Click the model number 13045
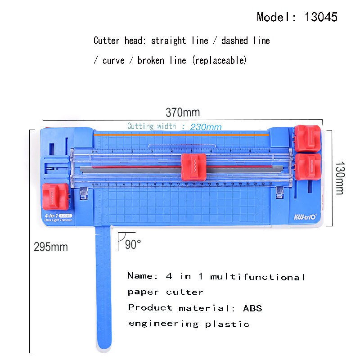[321, 17]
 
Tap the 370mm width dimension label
[183, 112]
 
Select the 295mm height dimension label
[51, 247]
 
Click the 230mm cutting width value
[206, 127]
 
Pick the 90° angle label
[133, 244]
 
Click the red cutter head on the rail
[194, 167]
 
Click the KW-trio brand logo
[306, 216]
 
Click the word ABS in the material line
[252, 308]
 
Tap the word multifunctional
[258, 277]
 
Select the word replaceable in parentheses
[219, 60]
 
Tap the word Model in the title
[271, 17]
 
